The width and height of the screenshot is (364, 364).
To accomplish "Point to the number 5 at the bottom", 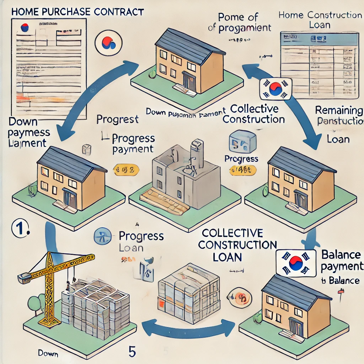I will [132, 351].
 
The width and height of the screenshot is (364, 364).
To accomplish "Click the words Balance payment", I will [341, 260].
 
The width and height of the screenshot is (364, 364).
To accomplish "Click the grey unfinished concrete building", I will [185, 178].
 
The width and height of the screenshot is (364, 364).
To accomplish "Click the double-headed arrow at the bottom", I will [188, 325].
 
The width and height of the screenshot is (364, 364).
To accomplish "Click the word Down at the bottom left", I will [48, 354].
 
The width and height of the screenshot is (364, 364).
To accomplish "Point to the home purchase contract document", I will [48, 59].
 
